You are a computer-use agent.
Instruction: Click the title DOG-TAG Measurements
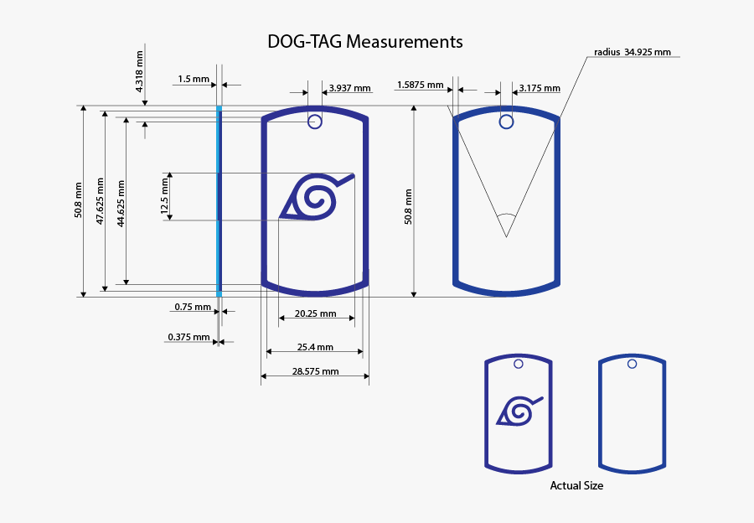(365, 42)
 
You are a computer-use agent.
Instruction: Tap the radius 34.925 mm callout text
(633, 52)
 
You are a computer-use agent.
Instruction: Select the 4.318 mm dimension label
(139, 72)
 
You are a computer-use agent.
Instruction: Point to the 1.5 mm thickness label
(194, 79)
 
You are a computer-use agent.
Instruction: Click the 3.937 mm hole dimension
(349, 88)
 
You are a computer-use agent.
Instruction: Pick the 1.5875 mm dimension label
(421, 85)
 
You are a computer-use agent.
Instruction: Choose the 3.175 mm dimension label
(540, 88)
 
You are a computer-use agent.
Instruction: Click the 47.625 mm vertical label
(100, 201)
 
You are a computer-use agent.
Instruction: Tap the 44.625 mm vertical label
(121, 204)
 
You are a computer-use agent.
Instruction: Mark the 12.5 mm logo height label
(165, 196)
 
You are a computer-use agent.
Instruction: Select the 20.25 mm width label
(316, 313)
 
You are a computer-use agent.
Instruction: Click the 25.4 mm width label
(315, 347)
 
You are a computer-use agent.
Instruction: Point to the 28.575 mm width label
(316, 371)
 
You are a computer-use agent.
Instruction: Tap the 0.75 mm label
(193, 307)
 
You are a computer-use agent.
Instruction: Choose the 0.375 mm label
(189, 337)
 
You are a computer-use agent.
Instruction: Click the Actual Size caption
(576, 485)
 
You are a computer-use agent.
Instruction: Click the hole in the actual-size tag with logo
(519, 365)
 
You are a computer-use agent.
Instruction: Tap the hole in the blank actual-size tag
(633, 365)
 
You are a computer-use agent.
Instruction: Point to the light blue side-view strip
(219, 201)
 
